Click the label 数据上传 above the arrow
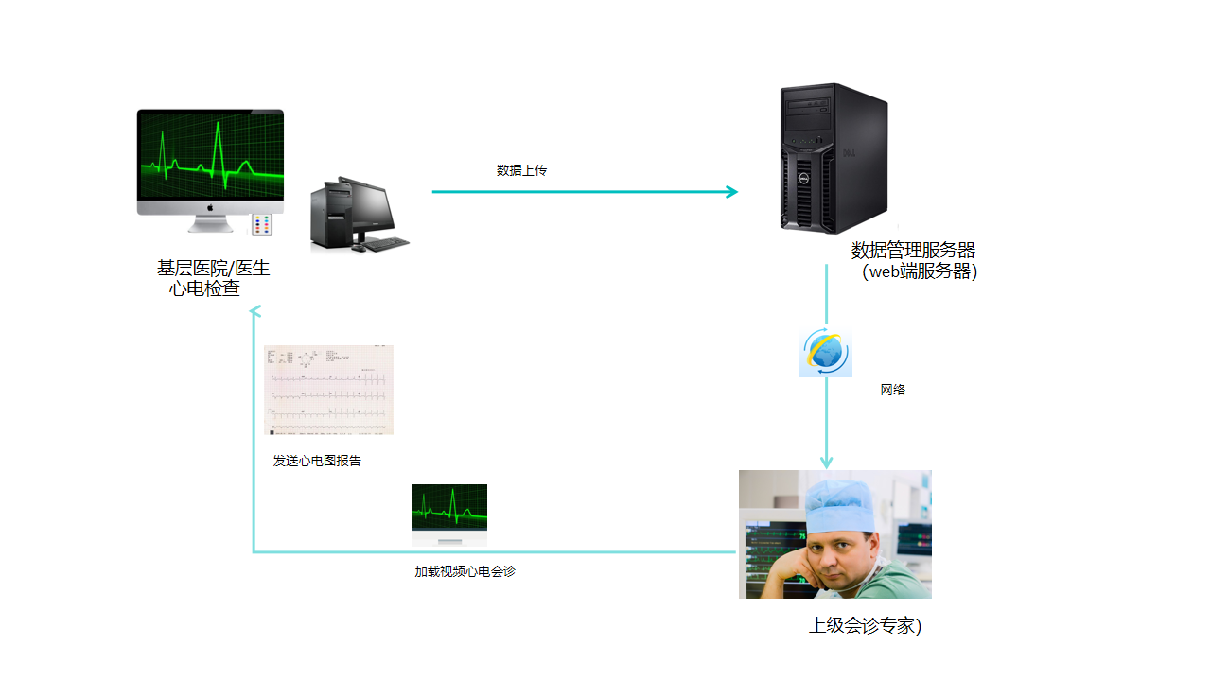tap(521, 171)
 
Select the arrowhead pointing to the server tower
tap(731, 192)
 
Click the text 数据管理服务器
tap(913, 251)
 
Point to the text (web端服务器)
tap(919, 271)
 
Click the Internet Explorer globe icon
tap(826, 354)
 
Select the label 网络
tap(893, 390)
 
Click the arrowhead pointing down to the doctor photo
tap(826, 463)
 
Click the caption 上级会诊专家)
tap(865, 626)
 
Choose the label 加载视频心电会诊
tap(465, 572)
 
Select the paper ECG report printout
tap(328, 390)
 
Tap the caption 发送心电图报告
tap(317, 462)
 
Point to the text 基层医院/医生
tap(213, 269)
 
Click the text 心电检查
tap(204, 289)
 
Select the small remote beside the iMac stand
tap(262, 225)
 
